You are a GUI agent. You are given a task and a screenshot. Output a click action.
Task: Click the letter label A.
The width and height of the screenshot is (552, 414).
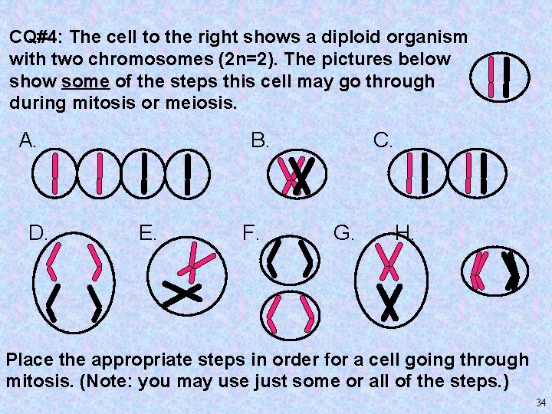(x=27, y=140)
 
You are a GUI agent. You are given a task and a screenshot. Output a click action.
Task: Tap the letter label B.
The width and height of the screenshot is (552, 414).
(x=260, y=140)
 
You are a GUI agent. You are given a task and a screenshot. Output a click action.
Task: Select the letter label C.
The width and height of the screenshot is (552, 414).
(x=383, y=140)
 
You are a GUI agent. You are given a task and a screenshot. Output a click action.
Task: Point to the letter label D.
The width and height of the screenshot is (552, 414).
(x=38, y=233)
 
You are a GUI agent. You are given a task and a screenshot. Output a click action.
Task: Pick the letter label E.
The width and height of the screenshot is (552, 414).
(x=147, y=233)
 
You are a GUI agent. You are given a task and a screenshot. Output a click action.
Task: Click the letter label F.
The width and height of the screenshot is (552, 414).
(x=250, y=233)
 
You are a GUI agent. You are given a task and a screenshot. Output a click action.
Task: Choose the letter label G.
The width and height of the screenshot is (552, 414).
(x=343, y=233)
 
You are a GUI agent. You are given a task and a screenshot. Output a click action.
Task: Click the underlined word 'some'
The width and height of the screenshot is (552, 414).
(x=86, y=82)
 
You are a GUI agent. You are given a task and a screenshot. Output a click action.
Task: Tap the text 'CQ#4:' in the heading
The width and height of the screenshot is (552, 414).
(x=36, y=37)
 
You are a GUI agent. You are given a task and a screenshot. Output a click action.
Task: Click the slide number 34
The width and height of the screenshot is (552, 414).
(x=540, y=402)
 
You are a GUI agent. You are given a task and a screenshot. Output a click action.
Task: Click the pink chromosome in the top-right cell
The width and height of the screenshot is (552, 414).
(x=491, y=77)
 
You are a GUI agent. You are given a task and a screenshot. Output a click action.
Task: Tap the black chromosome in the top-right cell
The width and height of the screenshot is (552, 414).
(x=507, y=77)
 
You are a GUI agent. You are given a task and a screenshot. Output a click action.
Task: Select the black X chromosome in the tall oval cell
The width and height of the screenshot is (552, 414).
(x=389, y=303)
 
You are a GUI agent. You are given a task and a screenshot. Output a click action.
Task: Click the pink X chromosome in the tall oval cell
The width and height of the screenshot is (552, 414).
(x=389, y=262)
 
